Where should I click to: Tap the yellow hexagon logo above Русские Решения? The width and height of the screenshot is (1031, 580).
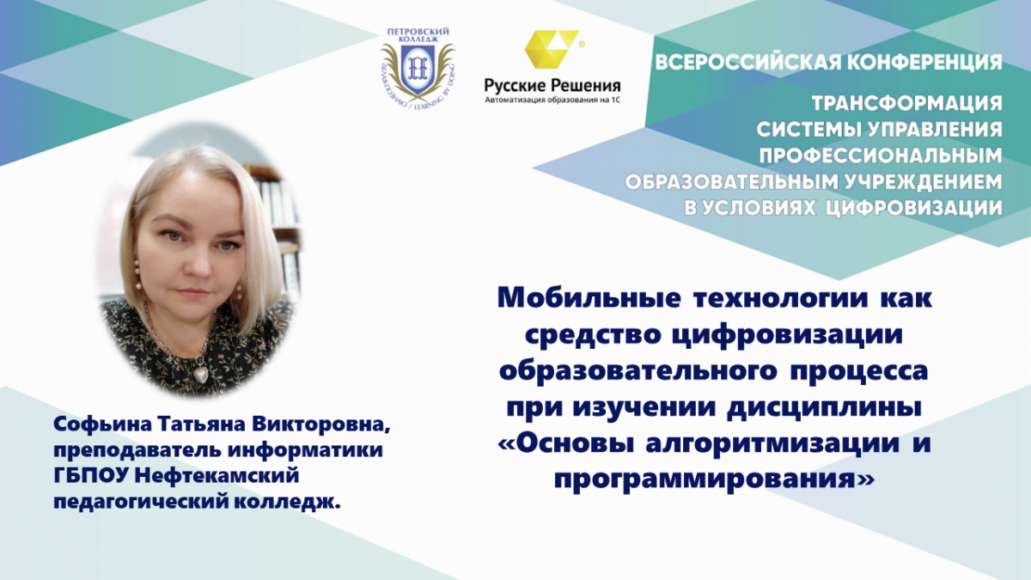[x=552, y=50]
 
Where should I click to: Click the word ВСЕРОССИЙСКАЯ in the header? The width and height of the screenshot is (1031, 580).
[x=748, y=62]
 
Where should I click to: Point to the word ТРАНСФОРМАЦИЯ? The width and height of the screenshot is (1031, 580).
[x=907, y=103]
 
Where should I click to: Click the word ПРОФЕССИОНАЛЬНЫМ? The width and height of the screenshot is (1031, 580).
[x=881, y=156]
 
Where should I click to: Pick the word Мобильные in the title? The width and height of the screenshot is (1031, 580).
[x=589, y=298]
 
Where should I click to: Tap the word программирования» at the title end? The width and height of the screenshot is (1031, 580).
[x=714, y=480]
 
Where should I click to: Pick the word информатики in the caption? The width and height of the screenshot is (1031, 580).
[x=306, y=449]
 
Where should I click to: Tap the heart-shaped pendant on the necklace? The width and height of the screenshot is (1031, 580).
[x=201, y=373]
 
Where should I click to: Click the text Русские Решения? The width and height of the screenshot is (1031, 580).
[x=552, y=85]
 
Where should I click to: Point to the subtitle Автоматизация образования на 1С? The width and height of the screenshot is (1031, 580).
[x=552, y=100]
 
